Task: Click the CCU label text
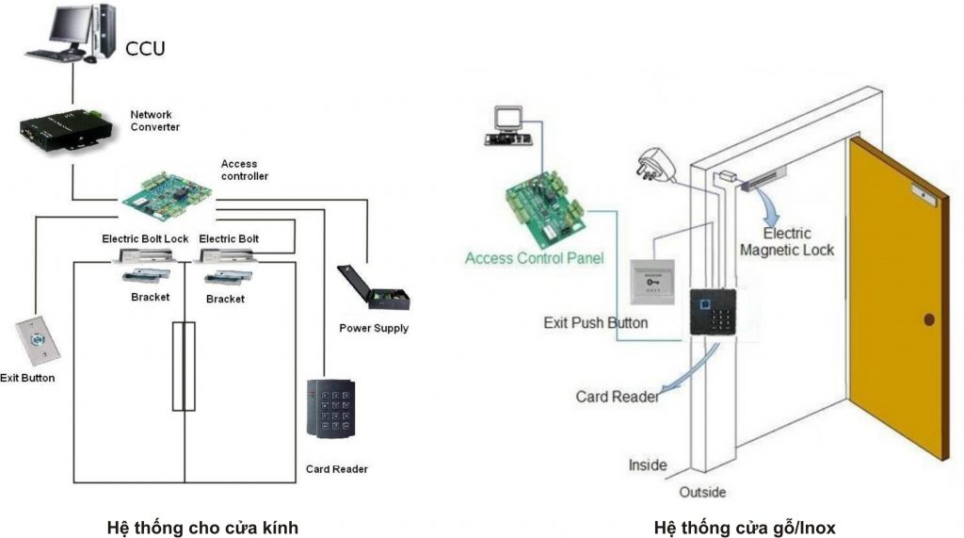point(144,48)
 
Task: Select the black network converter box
point(59,130)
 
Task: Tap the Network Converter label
point(154,121)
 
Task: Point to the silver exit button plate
point(37,340)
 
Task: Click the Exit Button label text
point(28,378)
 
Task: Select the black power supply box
point(374,287)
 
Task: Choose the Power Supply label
point(374,328)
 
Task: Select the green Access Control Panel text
point(534,257)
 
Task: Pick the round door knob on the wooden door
point(929,319)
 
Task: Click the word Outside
point(702,492)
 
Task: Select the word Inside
point(648,465)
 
